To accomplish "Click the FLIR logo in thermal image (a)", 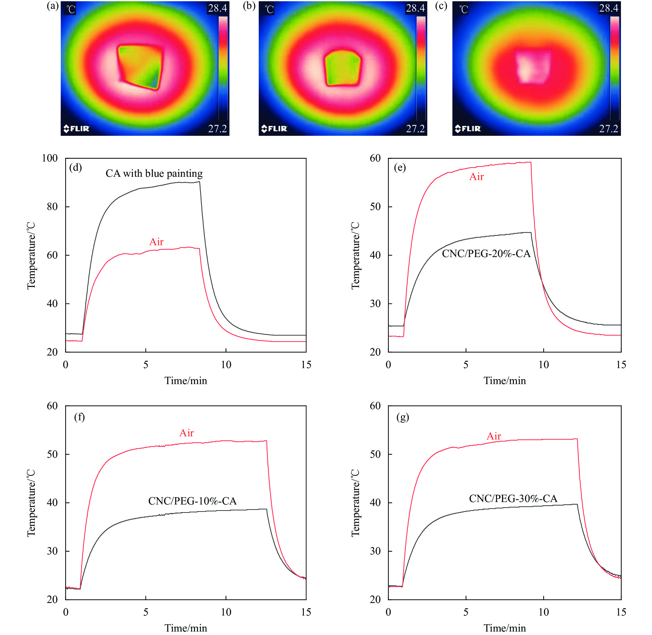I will pos(76,129).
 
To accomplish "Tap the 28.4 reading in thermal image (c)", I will pos(608,8).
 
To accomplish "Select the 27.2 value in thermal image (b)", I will pos(415,129).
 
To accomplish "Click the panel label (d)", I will pos(75,167).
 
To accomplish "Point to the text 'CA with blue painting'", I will pos(154,173).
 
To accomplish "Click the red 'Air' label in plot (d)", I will pos(156,242).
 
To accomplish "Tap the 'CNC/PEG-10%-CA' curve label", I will pos(192,501).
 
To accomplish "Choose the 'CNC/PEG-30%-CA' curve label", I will pos(513,499).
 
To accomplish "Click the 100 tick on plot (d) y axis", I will pos(50,158).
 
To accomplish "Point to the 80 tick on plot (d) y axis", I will pos(52,207).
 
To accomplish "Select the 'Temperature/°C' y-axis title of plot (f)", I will pos(31,503).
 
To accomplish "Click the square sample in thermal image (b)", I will pos(343,68).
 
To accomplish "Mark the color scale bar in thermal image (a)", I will pos(223,68).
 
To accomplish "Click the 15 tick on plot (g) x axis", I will pos(621,612).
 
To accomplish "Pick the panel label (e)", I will pos(400,167).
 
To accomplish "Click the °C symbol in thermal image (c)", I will pos(463,9).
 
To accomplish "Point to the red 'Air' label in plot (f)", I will pos(186,433).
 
